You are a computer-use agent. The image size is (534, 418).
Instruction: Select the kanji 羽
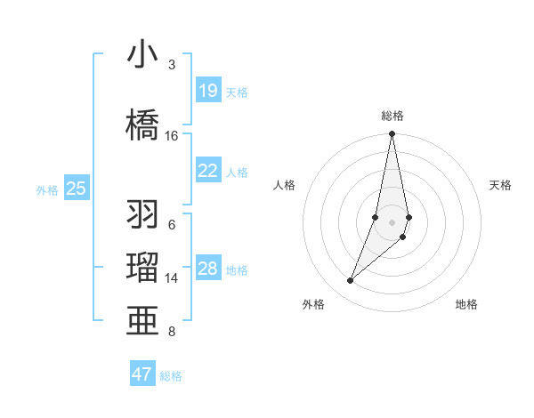click(143, 214)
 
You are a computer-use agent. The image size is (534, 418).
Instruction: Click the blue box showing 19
click(208, 91)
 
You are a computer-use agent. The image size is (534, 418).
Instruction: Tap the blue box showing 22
click(208, 171)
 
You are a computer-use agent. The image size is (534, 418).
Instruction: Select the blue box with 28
click(208, 269)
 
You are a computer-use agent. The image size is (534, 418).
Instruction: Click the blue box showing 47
click(142, 374)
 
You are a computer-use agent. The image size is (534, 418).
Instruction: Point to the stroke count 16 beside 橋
click(172, 136)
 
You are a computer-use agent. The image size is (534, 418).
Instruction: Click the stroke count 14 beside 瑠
click(172, 278)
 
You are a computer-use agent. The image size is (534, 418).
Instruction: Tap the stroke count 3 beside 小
click(172, 65)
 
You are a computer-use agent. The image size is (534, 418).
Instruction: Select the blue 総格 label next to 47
click(171, 376)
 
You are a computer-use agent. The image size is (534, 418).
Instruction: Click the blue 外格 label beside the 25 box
click(47, 189)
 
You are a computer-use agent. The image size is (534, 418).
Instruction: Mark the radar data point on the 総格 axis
click(392, 134)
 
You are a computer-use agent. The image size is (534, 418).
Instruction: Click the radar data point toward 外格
click(350, 281)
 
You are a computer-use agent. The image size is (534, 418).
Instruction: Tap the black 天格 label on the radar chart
click(501, 185)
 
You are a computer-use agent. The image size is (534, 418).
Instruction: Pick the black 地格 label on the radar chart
click(466, 305)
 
